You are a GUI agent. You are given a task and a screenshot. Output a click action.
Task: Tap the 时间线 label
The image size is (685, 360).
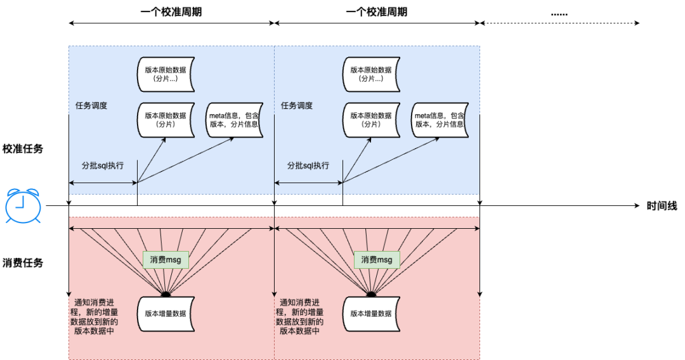click(x=662, y=206)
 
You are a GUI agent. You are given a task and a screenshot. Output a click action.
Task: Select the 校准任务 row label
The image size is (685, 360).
click(x=23, y=149)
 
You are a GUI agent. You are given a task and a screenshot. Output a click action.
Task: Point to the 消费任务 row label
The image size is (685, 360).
click(x=23, y=262)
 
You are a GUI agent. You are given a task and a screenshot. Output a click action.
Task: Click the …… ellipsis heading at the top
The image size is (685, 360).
click(x=559, y=12)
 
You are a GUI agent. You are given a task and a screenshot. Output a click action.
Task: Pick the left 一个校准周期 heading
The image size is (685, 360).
click(x=171, y=12)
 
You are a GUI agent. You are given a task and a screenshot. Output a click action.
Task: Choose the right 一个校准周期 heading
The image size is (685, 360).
click(x=376, y=12)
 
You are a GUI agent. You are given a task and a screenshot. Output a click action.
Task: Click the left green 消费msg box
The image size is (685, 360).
click(x=166, y=259)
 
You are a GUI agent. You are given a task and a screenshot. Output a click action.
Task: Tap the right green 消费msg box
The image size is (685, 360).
click(x=377, y=259)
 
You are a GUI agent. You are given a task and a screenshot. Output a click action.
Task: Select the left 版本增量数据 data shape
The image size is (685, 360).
click(x=166, y=313)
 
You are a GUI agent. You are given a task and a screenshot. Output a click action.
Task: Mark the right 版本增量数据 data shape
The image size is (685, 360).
click(x=371, y=313)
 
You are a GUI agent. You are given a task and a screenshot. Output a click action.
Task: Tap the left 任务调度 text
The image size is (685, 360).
click(x=91, y=106)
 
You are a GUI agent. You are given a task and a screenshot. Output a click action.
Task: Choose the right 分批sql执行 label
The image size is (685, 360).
click(x=308, y=165)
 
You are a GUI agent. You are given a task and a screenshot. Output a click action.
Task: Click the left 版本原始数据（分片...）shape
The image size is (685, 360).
click(x=166, y=74)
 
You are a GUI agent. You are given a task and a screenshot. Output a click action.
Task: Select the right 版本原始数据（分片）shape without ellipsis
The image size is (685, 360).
click(x=371, y=120)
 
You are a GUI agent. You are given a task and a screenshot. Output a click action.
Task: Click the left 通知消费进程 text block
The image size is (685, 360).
click(x=96, y=316)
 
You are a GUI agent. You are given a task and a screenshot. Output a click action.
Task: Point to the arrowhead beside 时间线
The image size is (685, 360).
click(x=636, y=205)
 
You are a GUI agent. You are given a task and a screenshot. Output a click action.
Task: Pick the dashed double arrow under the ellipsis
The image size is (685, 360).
click(x=559, y=23)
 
